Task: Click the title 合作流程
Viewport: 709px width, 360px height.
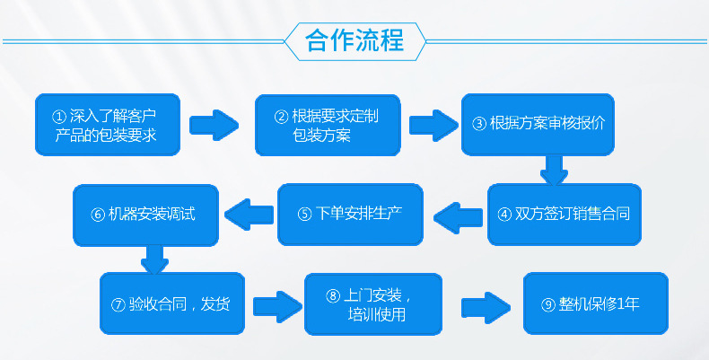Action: (354, 40)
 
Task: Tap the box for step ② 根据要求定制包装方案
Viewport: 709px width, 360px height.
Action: (327, 125)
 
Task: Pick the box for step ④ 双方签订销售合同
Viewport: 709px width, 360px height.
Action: (565, 215)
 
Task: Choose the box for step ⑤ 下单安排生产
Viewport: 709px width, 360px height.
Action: (350, 215)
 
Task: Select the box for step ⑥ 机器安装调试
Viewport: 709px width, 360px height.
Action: (145, 215)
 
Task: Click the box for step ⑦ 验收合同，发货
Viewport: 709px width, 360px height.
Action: (171, 303)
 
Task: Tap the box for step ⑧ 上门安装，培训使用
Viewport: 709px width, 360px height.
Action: (373, 303)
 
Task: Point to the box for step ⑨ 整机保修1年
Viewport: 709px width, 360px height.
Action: (596, 303)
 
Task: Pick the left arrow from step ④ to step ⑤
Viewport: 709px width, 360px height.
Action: (460, 214)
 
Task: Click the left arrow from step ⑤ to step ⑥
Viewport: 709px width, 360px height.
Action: (249, 214)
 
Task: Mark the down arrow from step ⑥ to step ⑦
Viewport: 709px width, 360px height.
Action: (154, 260)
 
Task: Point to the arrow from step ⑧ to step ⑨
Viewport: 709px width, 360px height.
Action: (485, 303)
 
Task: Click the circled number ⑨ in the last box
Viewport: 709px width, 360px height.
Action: (547, 304)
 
